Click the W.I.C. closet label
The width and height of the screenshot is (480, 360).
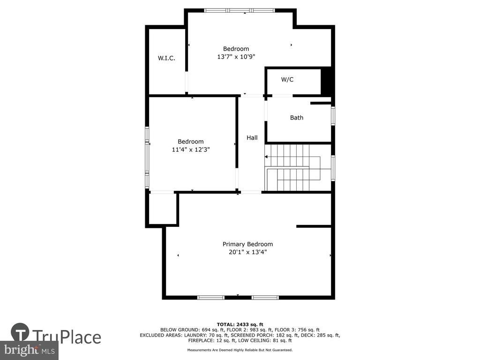tap(166, 58)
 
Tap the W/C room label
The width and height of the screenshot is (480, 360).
tap(287, 80)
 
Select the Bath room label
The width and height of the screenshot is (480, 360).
tap(297, 118)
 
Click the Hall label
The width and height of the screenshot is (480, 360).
tap(252, 138)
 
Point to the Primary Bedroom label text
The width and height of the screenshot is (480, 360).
tap(247, 244)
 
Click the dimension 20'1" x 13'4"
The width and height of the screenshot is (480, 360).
tap(247, 252)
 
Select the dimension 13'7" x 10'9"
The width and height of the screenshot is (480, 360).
tap(236, 57)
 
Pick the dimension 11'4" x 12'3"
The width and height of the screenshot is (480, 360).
tap(191, 150)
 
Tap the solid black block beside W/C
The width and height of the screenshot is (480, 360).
tap(326, 82)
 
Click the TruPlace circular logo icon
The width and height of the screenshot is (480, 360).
tap(20, 332)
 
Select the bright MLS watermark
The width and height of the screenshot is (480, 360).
tap(30, 350)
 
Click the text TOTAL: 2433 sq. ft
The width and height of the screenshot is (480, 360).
tap(240, 324)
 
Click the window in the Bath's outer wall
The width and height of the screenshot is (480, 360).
tap(333, 116)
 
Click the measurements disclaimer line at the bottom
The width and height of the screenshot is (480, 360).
tap(240, 350)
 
